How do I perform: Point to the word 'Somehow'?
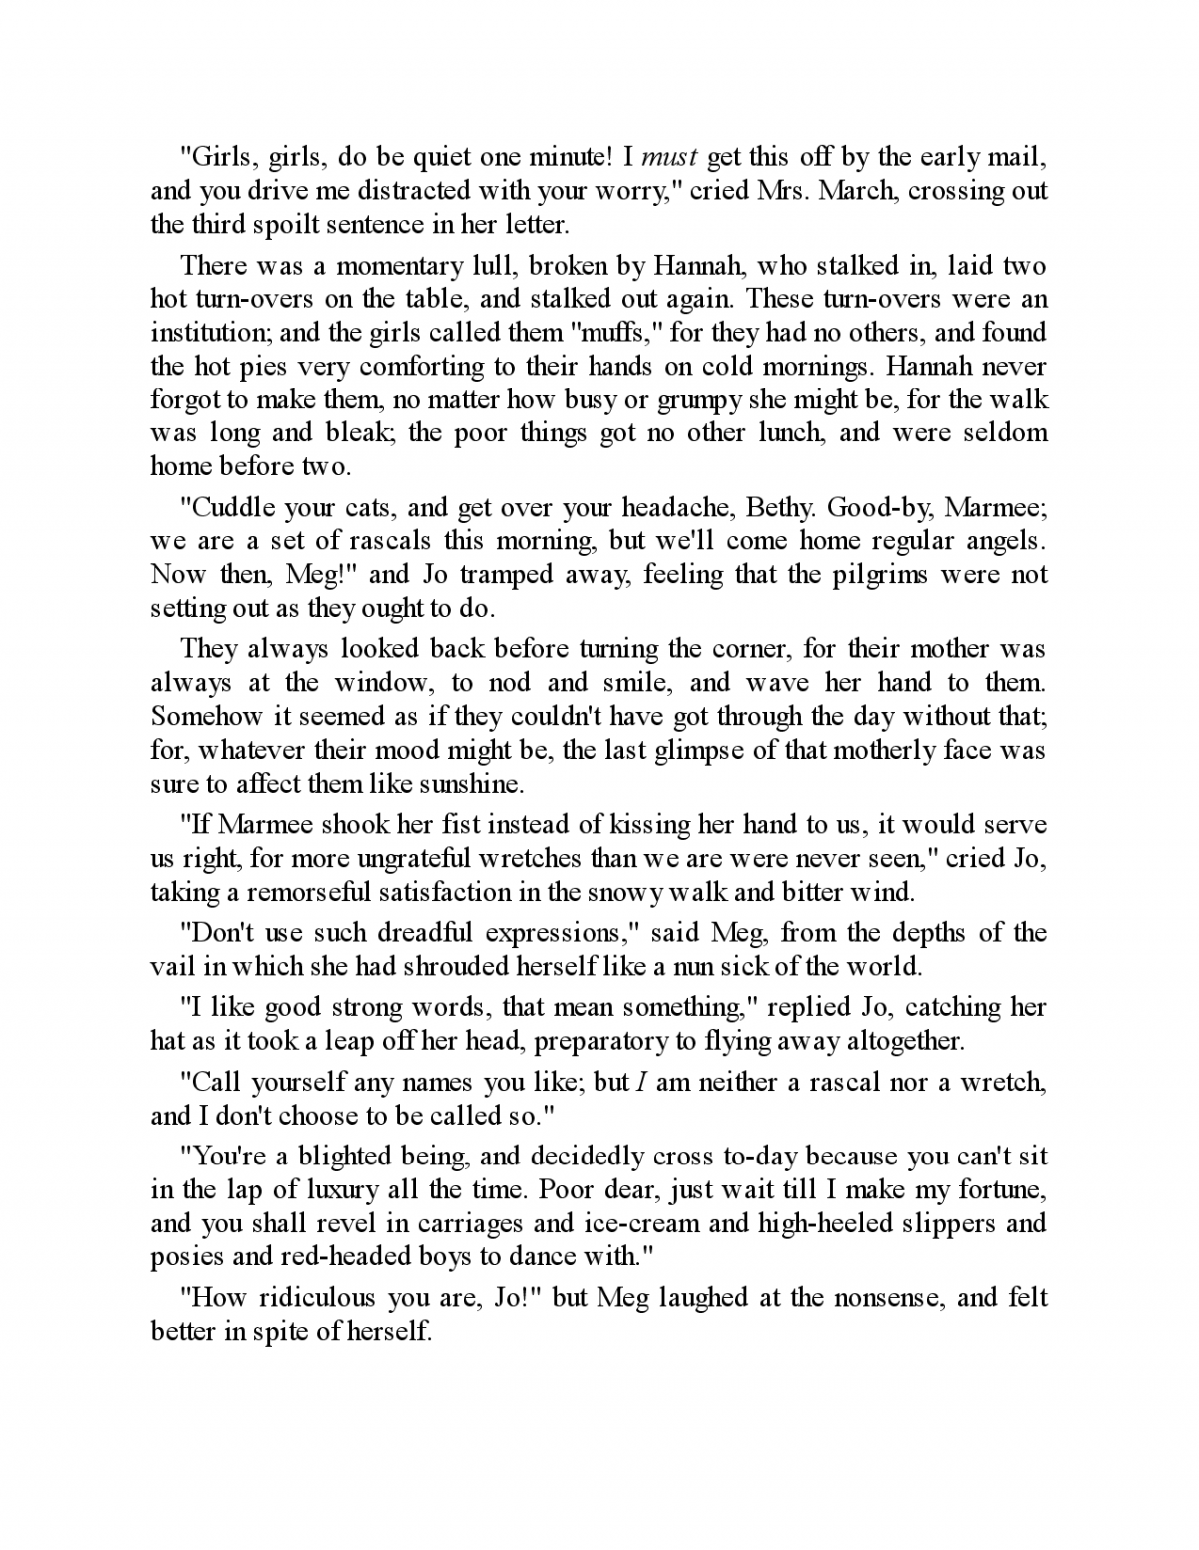pos(205,716)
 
